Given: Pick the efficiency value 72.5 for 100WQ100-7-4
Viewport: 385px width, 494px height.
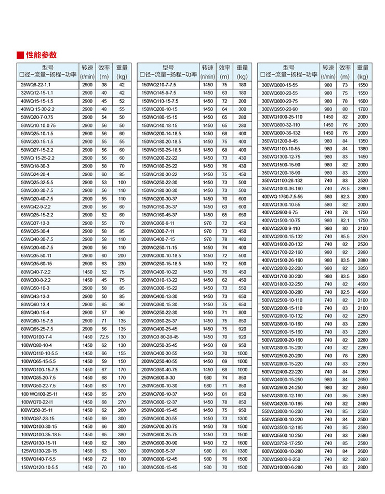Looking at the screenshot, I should [x=104, y=337].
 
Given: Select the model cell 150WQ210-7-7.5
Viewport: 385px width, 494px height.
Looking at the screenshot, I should [x=159, y=85].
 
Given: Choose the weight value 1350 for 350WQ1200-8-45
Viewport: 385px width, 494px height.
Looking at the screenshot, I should [x=363, y=140].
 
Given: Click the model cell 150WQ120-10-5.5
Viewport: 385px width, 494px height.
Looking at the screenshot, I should [x=39, y=467].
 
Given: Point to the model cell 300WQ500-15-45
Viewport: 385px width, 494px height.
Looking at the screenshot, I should [x=160, y=467].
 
